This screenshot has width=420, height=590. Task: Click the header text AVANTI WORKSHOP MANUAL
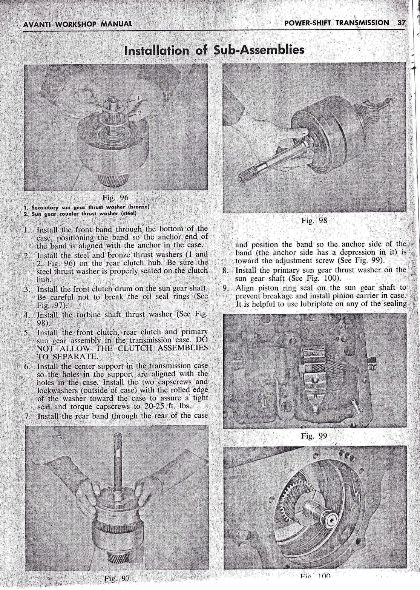click(78, 25)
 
